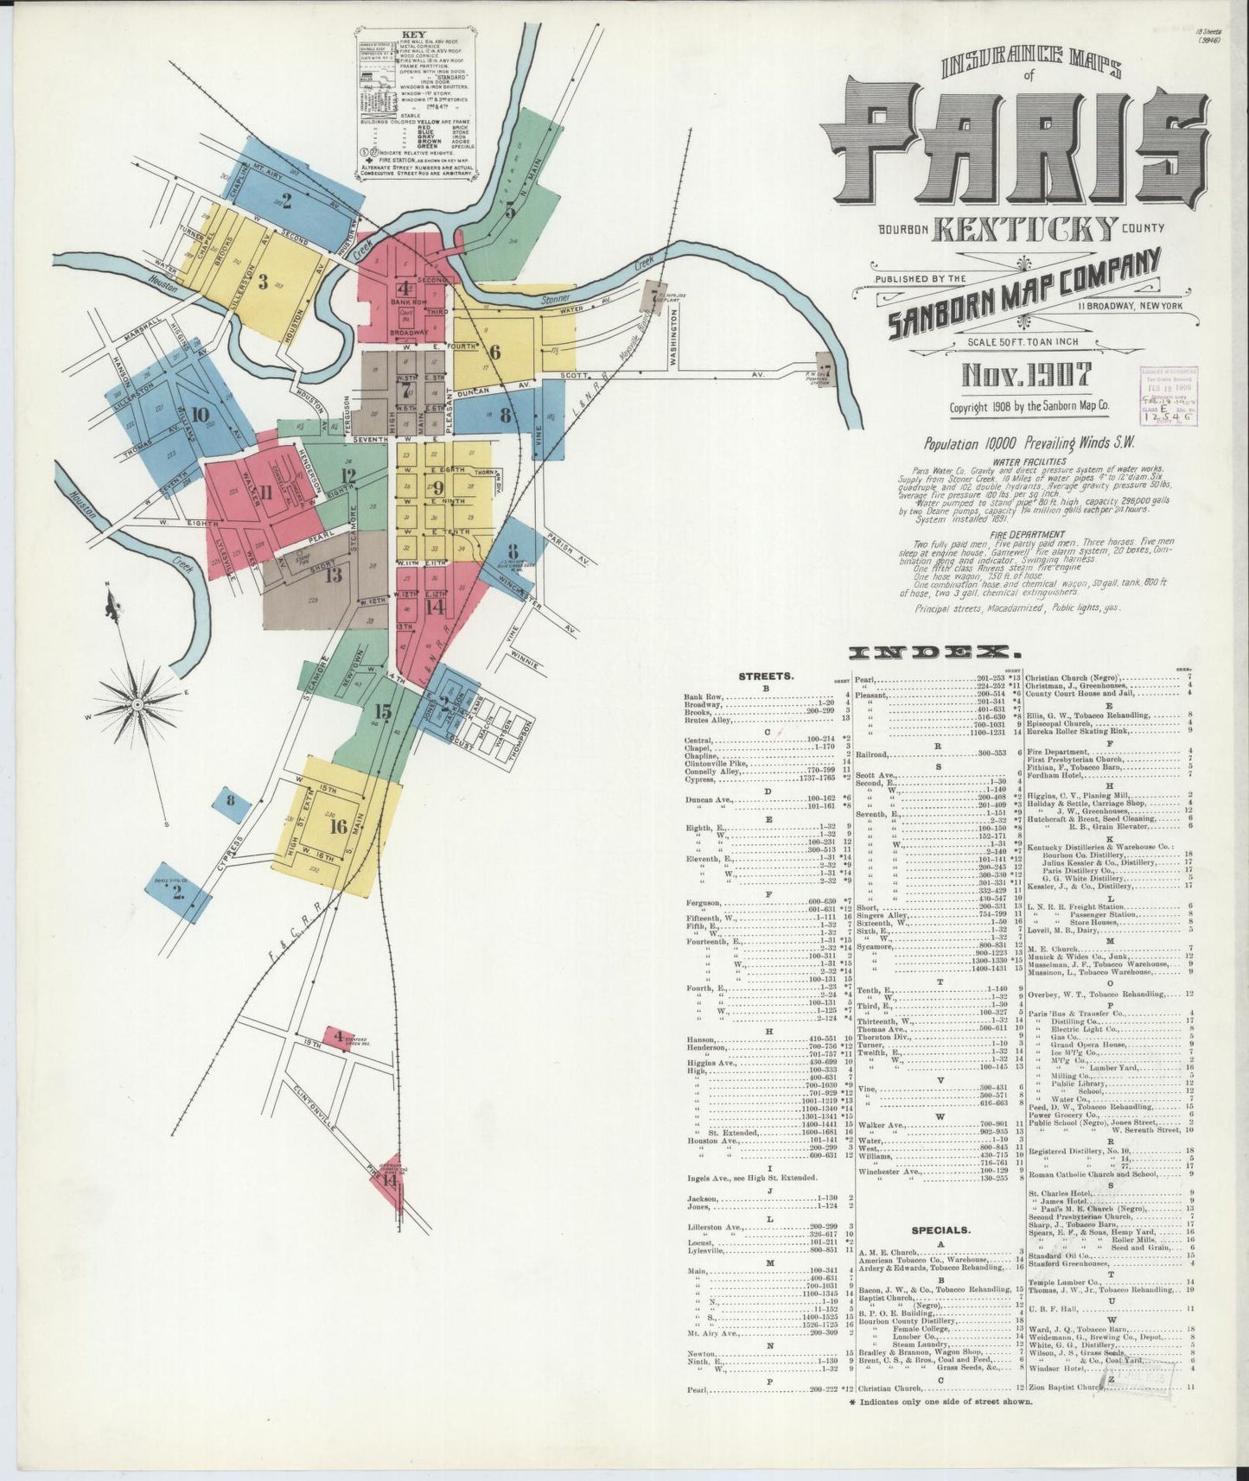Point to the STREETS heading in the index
coord(766,677)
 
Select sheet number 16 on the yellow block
coord(338,827)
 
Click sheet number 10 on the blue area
coord(201,413)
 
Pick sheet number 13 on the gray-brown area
coord(334,574)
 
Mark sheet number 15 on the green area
coord(383,711)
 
